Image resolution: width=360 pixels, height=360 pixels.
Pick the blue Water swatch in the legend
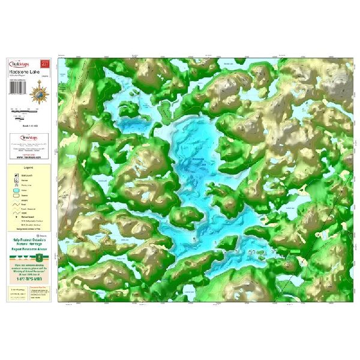point(16,193)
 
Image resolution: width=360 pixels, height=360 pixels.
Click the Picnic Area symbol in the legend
point(16,187)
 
